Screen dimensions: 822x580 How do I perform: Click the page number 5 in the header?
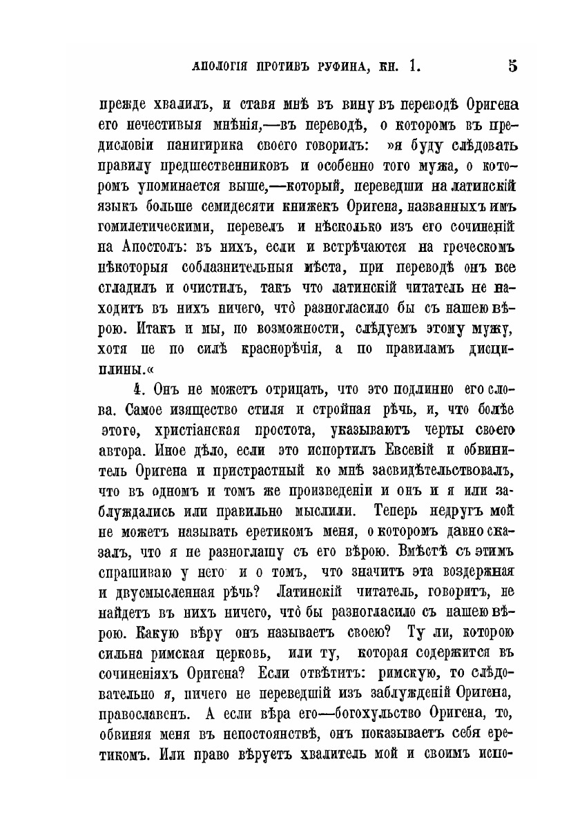512,68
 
